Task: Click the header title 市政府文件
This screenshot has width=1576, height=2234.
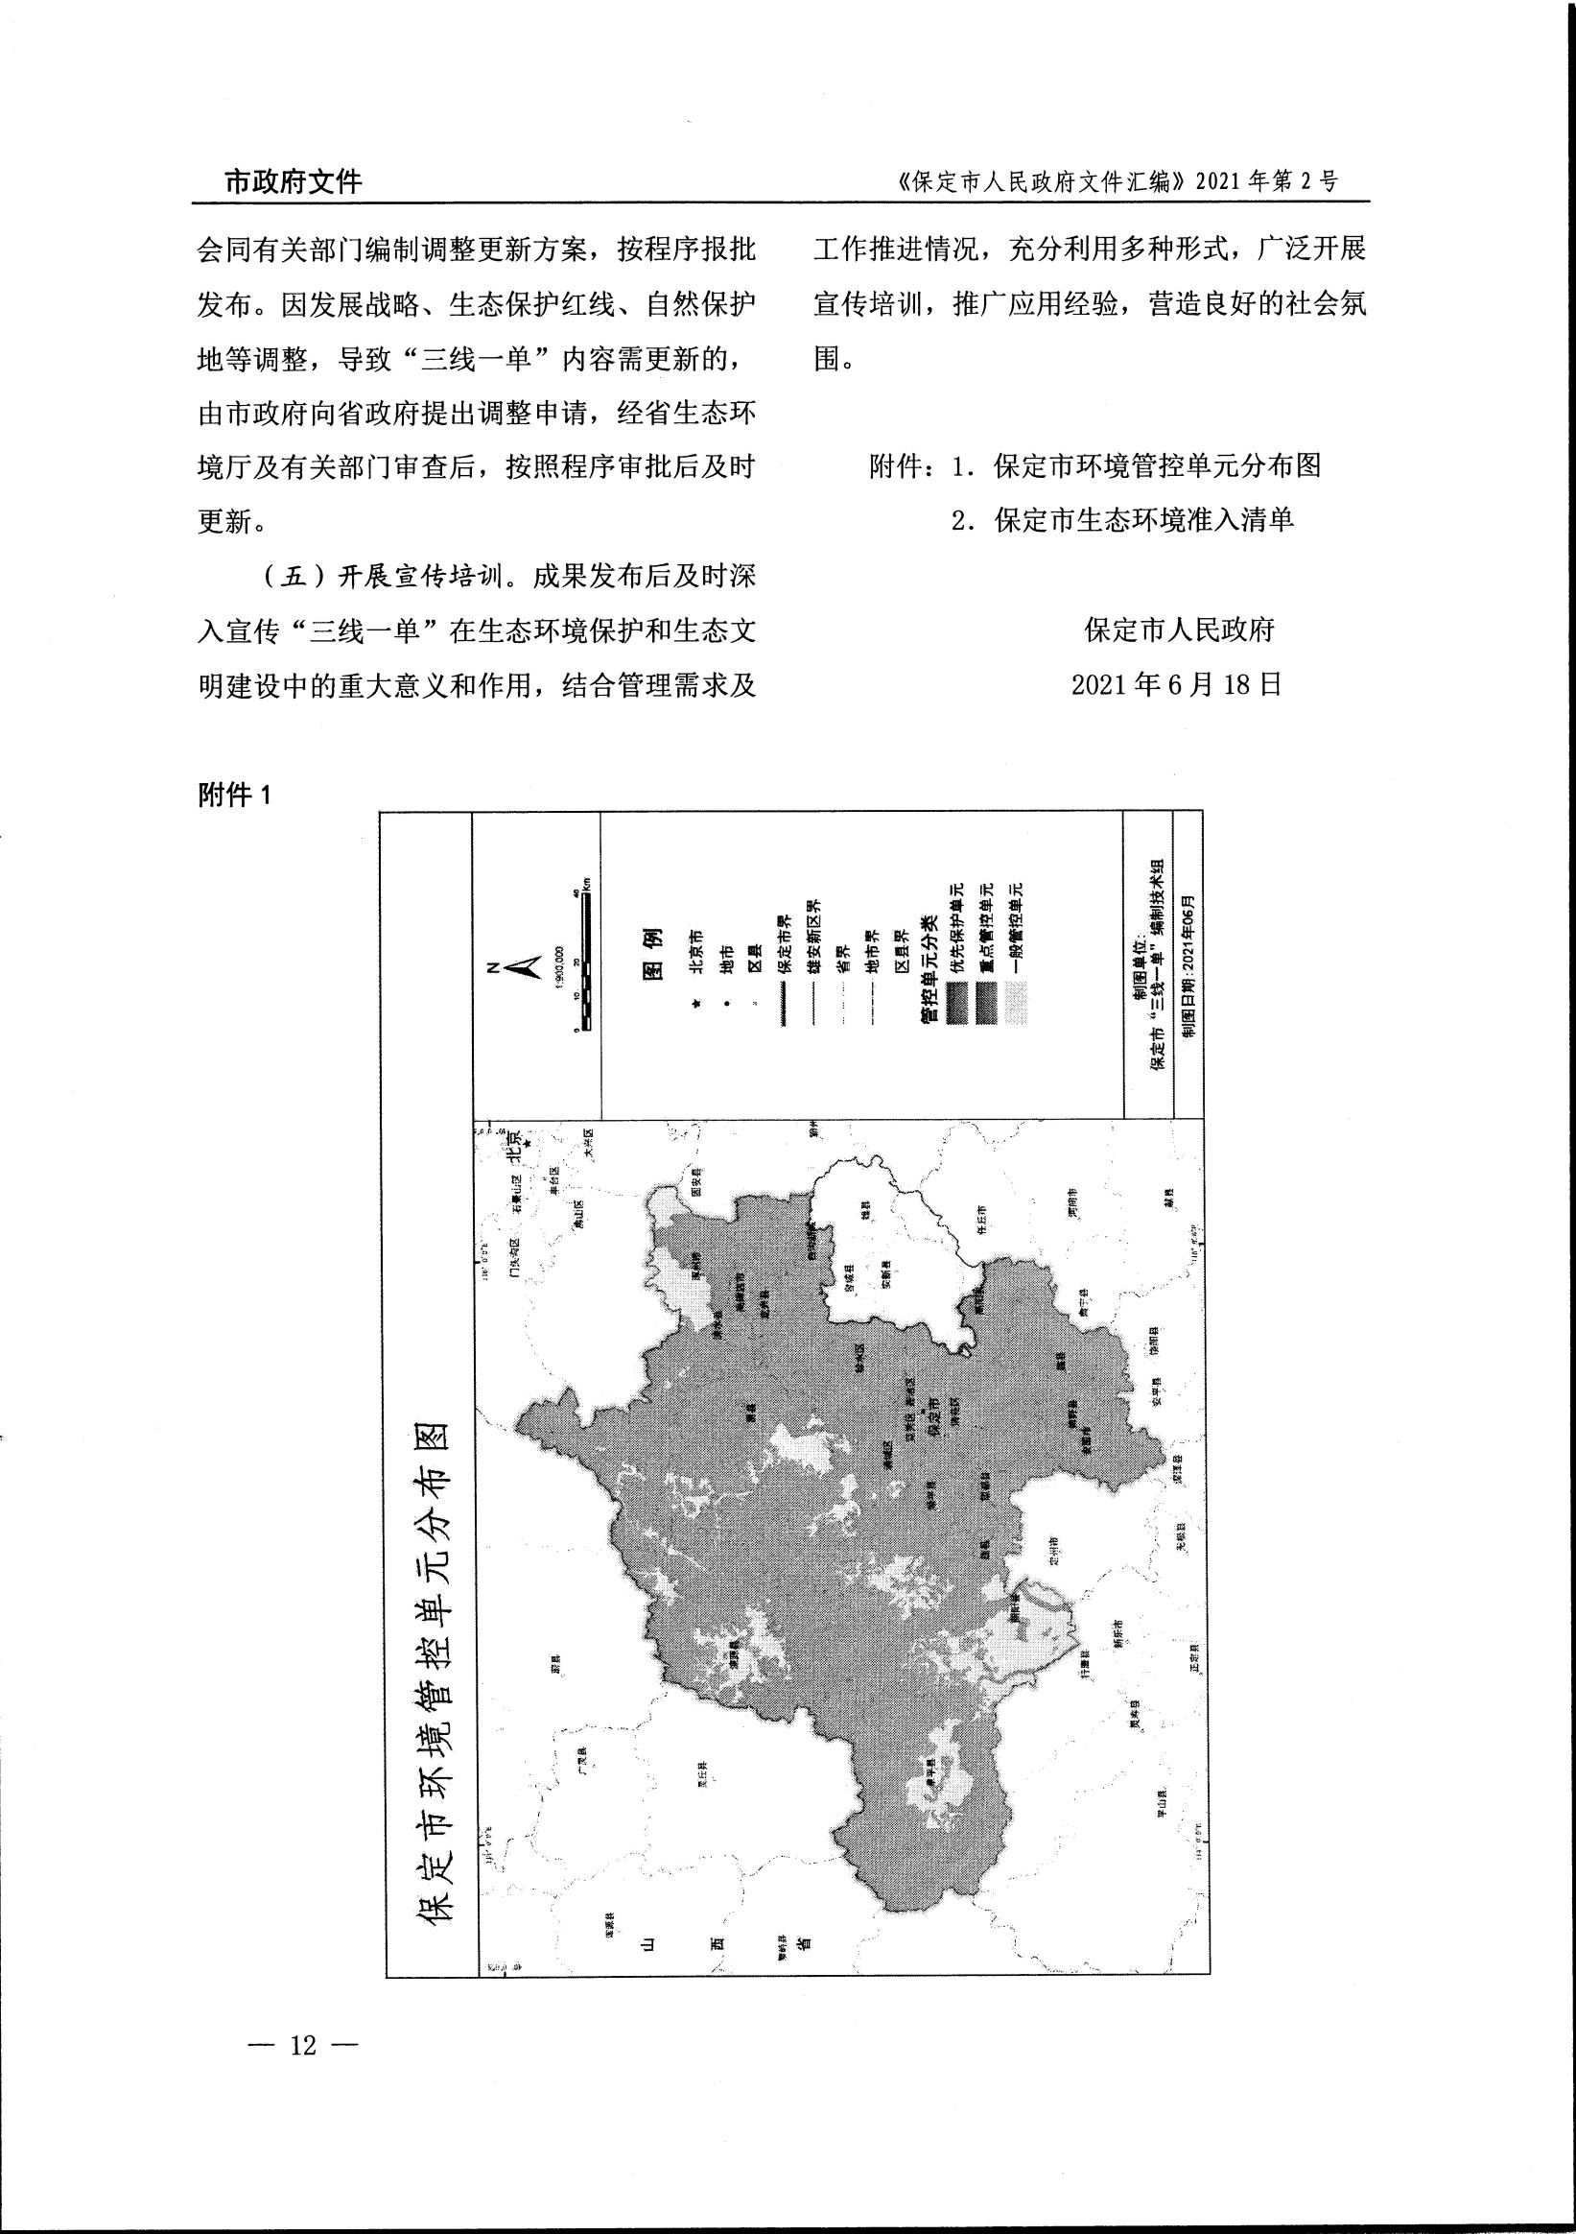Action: [293, 181]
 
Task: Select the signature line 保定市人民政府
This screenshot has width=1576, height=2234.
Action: [1178, 630]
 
